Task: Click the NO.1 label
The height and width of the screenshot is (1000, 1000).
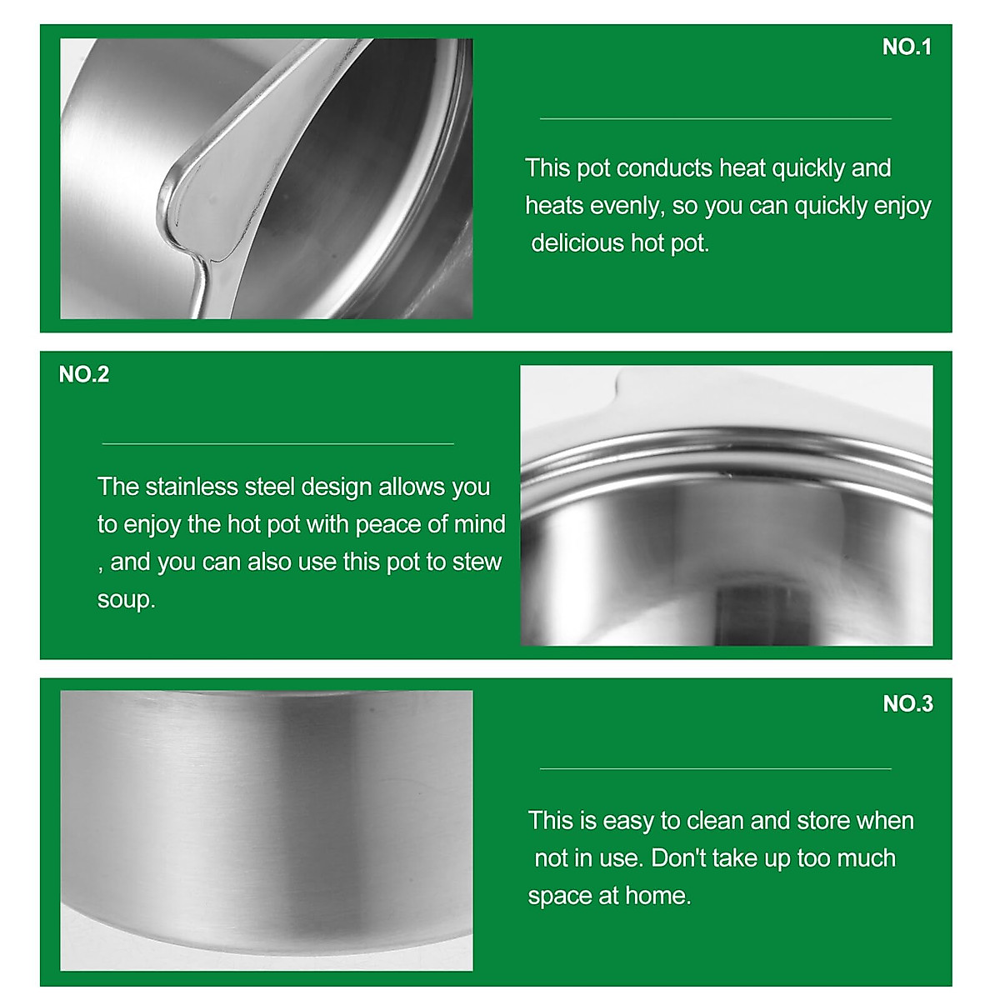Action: click(x=906, y=47)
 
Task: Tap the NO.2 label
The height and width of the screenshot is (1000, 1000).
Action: click(x=84, y=374)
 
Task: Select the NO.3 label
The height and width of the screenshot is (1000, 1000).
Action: click(x=907, y=704)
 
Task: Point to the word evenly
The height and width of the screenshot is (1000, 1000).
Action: click(x=627, y=206)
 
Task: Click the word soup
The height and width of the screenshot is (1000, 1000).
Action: click(x=125, y=600)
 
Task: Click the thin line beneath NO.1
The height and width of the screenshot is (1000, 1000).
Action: click(x=715, y=119)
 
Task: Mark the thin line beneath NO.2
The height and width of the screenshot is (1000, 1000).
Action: click(x=277, y=444)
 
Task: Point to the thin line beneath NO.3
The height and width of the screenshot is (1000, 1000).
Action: click(x=715, y=768)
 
